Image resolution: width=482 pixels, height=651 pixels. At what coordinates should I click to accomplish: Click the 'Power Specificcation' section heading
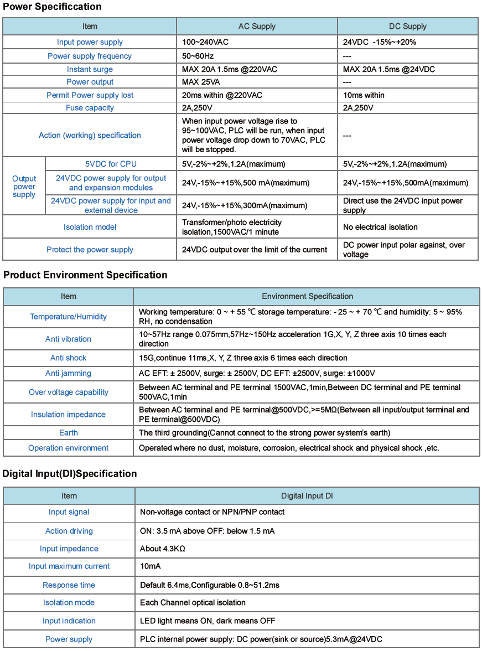(x=52, y=7)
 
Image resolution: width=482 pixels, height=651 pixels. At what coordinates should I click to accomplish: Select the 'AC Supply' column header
(x=257, y=26)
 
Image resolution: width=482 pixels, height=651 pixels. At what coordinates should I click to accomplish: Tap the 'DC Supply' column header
(x=408, y=26)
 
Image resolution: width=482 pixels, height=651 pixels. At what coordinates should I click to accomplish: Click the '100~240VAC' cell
(x=205, y=42)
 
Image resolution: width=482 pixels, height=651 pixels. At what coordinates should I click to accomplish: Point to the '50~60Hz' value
(x=198, y=56)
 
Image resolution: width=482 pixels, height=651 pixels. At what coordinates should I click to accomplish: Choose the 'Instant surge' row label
(x=90, y=69)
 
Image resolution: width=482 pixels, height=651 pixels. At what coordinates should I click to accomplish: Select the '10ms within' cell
(x=364, y=95)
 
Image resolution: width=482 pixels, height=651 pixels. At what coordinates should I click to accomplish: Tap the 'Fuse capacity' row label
(x=90, y=108)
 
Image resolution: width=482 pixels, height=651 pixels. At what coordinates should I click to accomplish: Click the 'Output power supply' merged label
(x=24, y=187)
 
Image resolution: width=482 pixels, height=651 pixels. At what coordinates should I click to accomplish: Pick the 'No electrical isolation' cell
(x=380, y=227)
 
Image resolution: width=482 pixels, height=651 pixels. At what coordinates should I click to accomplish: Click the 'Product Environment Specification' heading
(x=85, y=275)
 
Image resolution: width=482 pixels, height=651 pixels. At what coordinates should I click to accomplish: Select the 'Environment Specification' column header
(x=307, y=296)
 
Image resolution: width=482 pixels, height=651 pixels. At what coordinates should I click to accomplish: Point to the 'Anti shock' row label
(x=69, y=358)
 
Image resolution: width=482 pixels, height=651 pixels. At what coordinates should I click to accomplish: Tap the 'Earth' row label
(x=69, y=432)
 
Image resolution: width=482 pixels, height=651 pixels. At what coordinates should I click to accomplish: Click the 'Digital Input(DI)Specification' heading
(x=70, y=474)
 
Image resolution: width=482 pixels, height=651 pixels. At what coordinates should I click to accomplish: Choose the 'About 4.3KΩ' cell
(x=162, y=549)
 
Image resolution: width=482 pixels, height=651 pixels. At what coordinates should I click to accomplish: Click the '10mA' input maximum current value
(x=150, y=566)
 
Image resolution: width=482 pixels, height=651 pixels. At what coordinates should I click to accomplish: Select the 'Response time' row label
(x=69, y=585)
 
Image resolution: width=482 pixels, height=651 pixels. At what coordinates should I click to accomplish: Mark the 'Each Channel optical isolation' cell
(x=193, y=602)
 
